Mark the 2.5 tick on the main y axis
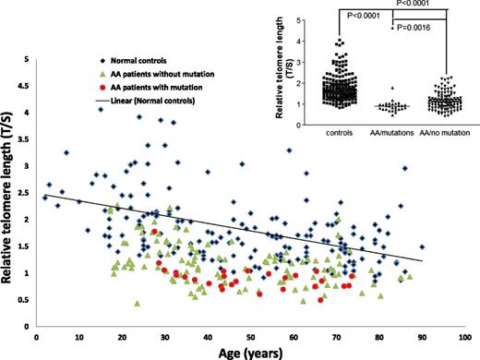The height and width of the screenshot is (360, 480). coord(23,193)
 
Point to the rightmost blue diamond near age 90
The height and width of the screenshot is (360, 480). coord(422,247)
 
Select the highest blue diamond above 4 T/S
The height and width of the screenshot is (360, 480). coord(100,109)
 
